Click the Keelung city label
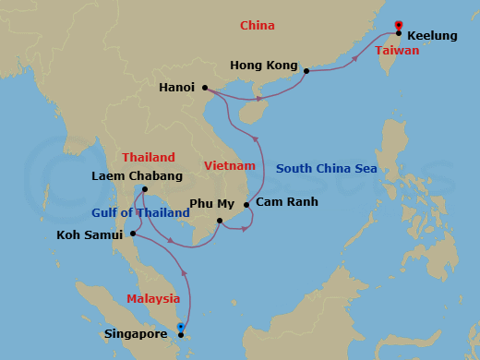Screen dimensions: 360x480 pyautogui.click(x=432, y=35)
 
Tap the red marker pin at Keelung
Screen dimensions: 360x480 pyautogui.click(x=398, y=25)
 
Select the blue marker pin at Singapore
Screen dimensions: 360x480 pyautogui.click(x=181, y=327)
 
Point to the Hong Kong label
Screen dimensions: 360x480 pyautogui.click(x=264, y=66)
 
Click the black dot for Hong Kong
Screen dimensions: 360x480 pyautogui.click(x=306, y=70)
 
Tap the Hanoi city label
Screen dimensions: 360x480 pyautogui.click(x=176, y=88)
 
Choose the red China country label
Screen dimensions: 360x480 pyautogui.click(x=258, y=26)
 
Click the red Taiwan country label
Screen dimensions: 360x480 pyautogui.click(x=397, y=51)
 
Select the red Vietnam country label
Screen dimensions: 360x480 pyautogui.click(x=230, y=166)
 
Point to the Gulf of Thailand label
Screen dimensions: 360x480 pyautogui.click(x=140, y=213)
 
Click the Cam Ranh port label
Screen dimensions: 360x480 pyautogui.click(x=287, y=202)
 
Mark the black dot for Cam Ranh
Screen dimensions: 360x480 pyautogui.click(x=246, y=205)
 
